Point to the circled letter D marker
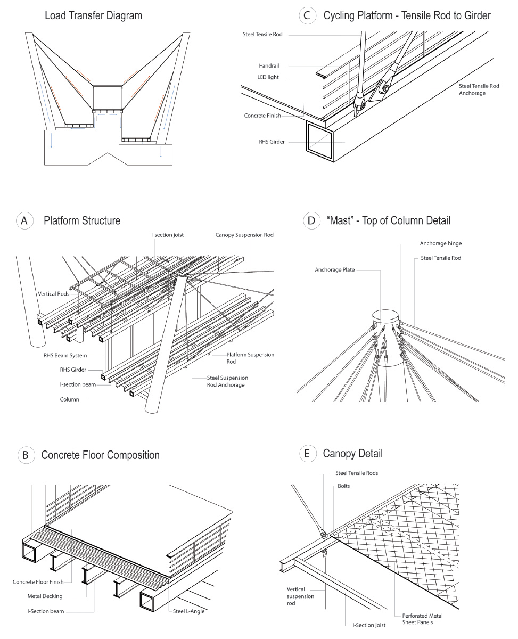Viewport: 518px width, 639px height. [x=309, y=220]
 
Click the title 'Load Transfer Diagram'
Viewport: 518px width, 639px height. [x=93, y=15]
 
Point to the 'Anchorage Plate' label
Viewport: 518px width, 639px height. [x=334, y=270]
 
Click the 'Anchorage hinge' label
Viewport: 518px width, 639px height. [x=440, y=244]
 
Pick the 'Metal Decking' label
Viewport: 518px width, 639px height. [x=45, y=596]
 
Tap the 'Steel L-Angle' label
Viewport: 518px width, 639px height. [x=189, y=611]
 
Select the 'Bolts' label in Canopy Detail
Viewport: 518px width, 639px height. [x=344, y=486]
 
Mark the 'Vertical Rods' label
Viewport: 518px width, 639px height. [x=54, y=294]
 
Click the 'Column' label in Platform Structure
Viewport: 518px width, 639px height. [x=69, y=399]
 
